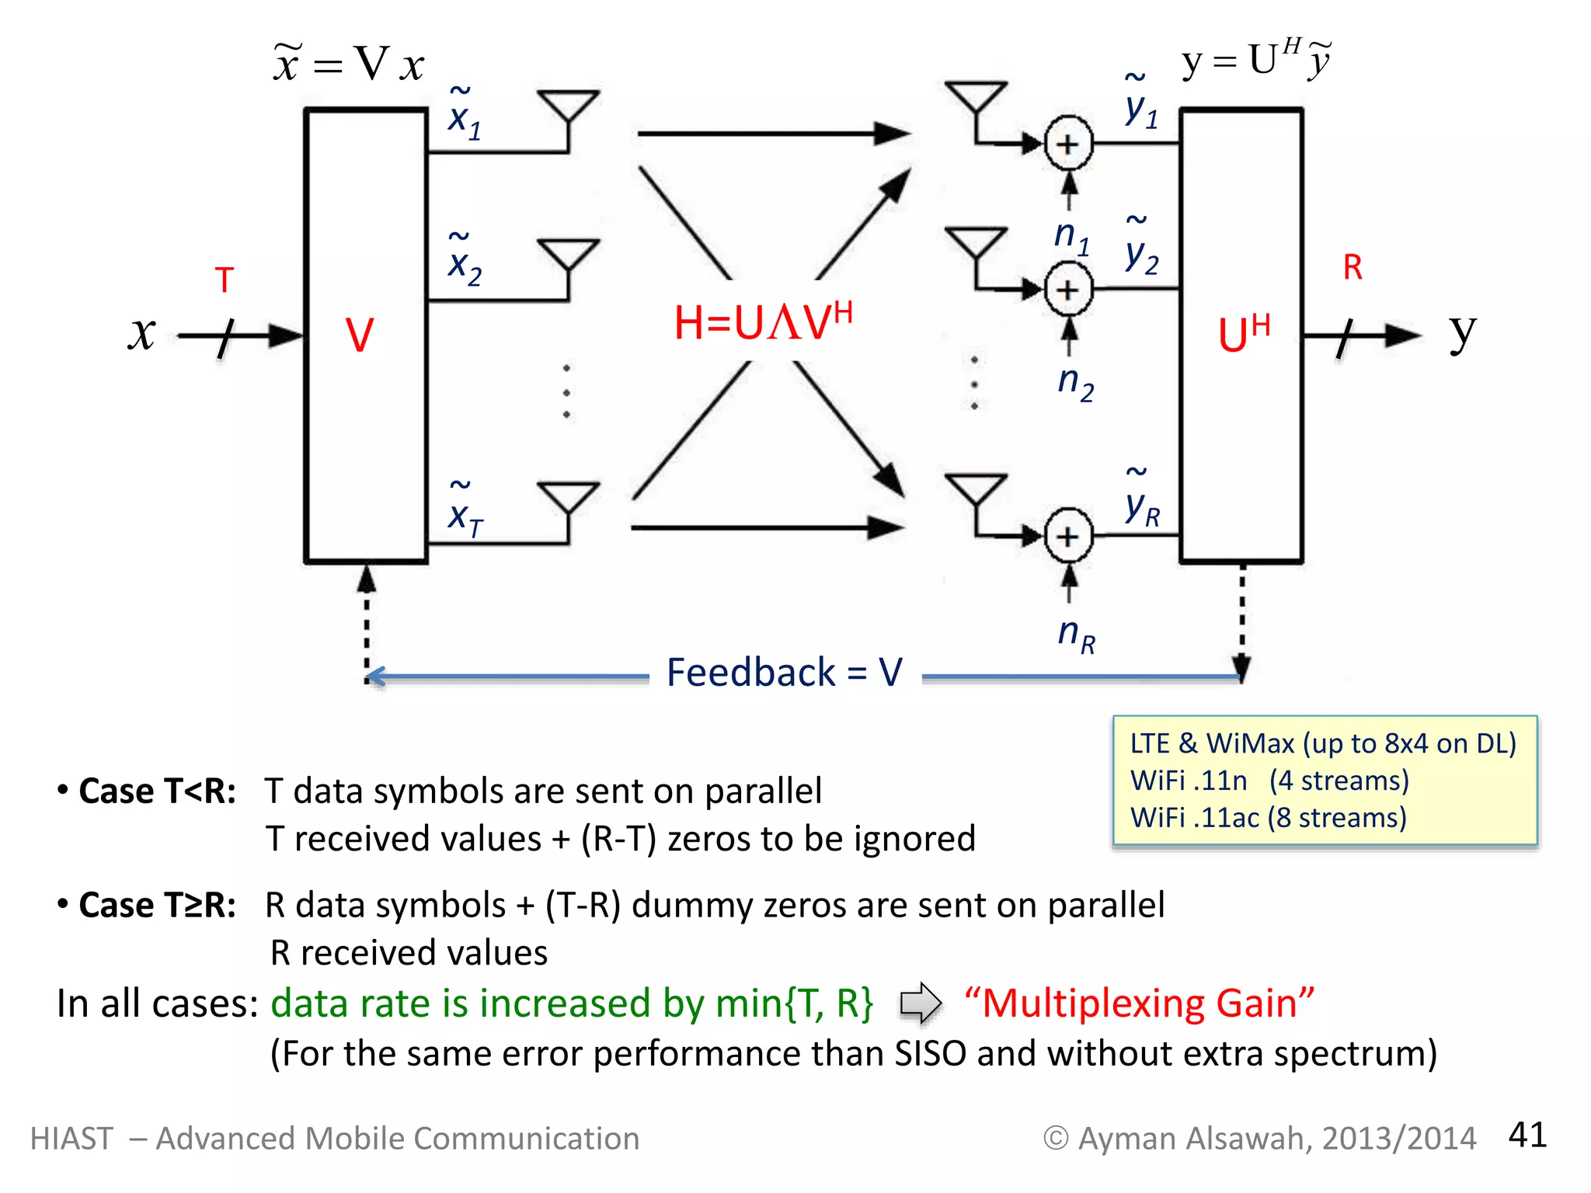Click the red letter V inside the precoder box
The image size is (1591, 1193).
359,336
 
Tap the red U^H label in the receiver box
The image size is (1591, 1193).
1242,334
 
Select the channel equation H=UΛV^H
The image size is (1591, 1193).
763,322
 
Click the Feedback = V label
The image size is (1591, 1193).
785,673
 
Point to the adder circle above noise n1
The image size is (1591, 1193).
1068,144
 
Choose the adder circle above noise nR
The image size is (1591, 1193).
1068,536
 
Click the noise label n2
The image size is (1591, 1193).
1075,383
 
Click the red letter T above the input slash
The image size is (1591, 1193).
225,280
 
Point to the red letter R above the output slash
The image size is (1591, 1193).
1353,268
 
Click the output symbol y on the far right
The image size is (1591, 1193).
1462,334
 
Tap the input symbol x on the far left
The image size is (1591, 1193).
142,334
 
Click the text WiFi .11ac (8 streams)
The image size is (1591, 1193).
1268,818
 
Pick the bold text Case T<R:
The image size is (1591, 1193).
157,791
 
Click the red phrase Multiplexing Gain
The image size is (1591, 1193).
1139,1003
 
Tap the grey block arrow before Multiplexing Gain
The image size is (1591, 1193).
921,1003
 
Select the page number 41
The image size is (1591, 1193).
1527,1135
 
